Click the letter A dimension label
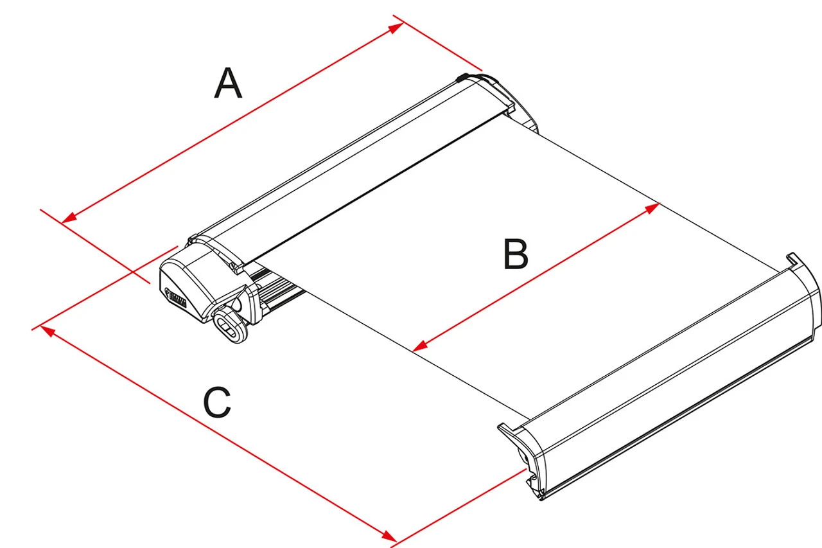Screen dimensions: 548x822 point(228,84)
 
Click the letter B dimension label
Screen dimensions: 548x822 point(516,254)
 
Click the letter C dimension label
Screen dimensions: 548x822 point(216,403)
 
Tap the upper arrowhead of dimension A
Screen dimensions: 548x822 point(399,26)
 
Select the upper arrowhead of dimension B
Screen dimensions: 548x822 point(654,206)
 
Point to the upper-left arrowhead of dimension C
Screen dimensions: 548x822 point(45,329)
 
